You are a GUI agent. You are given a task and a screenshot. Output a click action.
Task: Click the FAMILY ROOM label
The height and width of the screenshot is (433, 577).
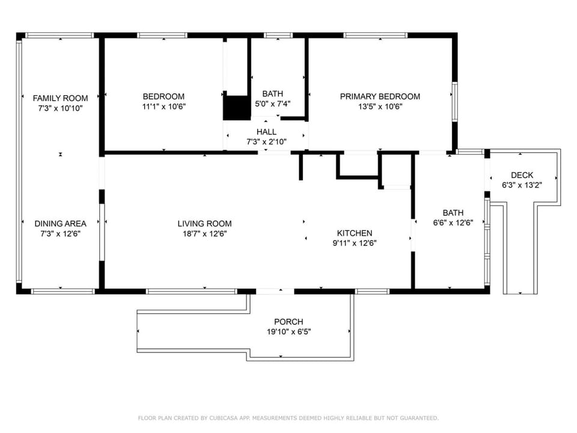(60, 98)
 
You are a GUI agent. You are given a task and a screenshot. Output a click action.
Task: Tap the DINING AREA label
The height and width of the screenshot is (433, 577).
(60, 224)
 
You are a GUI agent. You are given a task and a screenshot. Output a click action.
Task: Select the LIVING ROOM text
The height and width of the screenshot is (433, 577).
(204, 224)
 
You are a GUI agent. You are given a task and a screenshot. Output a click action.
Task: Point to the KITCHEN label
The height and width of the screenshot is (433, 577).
(355, 233)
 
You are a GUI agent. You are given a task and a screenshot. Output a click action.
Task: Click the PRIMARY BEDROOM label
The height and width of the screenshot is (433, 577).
(380, 96)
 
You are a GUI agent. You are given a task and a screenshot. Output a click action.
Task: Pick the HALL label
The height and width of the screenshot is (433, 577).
(266, 132)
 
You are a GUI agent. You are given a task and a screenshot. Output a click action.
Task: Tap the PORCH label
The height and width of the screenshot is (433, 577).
(289, 322)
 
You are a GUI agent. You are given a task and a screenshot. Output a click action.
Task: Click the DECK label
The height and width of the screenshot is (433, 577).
(522, 175)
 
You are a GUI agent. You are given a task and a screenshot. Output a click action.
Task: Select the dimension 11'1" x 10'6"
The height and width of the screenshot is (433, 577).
(164, 107)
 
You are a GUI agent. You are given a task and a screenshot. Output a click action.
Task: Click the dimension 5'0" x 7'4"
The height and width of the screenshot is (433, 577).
(273, 104)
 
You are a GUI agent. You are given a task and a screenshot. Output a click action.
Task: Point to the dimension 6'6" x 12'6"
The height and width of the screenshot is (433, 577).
(453, 223)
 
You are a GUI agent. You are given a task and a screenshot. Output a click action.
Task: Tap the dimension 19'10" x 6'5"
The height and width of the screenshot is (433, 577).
(289, 332)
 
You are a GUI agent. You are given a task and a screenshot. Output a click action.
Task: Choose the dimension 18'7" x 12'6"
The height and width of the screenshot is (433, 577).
(204, 234)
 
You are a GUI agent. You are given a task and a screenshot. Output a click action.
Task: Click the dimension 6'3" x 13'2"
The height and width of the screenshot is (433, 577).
(522, 185)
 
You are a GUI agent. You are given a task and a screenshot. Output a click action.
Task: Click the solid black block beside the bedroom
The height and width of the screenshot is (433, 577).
(236, 108)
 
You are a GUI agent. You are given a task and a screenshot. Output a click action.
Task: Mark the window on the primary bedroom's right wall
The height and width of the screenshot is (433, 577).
(455, 102)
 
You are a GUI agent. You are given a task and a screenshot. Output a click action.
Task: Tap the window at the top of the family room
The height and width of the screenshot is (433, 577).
(60, 35)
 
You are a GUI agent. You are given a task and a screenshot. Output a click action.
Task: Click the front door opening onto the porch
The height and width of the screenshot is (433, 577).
(275, 291)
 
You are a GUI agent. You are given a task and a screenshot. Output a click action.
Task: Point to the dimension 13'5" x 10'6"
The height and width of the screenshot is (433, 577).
(380, 107)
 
